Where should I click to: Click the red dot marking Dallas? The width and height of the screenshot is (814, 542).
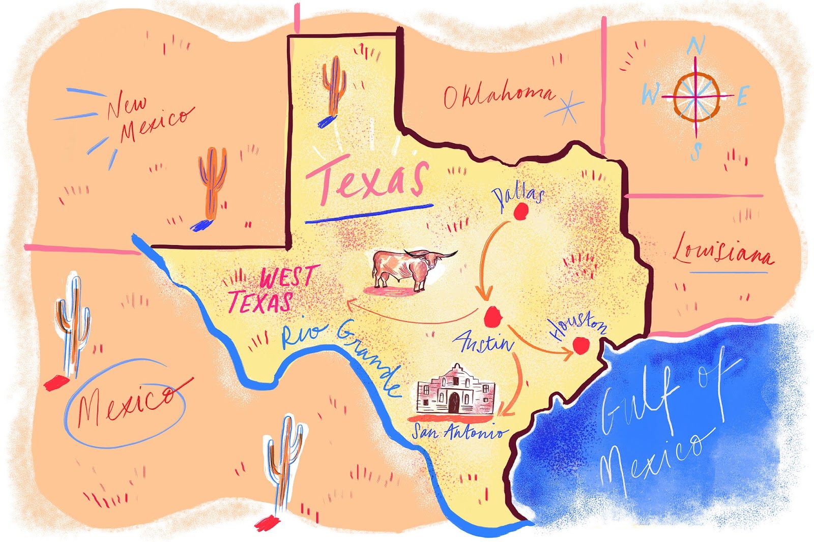pos(520,212)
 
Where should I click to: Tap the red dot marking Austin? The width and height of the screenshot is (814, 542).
pos(492,317)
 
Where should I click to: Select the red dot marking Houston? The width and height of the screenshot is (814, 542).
pos(580,346)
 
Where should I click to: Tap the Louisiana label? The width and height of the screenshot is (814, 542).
pos(722,251)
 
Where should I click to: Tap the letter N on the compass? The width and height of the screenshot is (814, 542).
pos(695,46)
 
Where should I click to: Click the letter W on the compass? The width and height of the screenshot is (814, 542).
pos(651,94)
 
